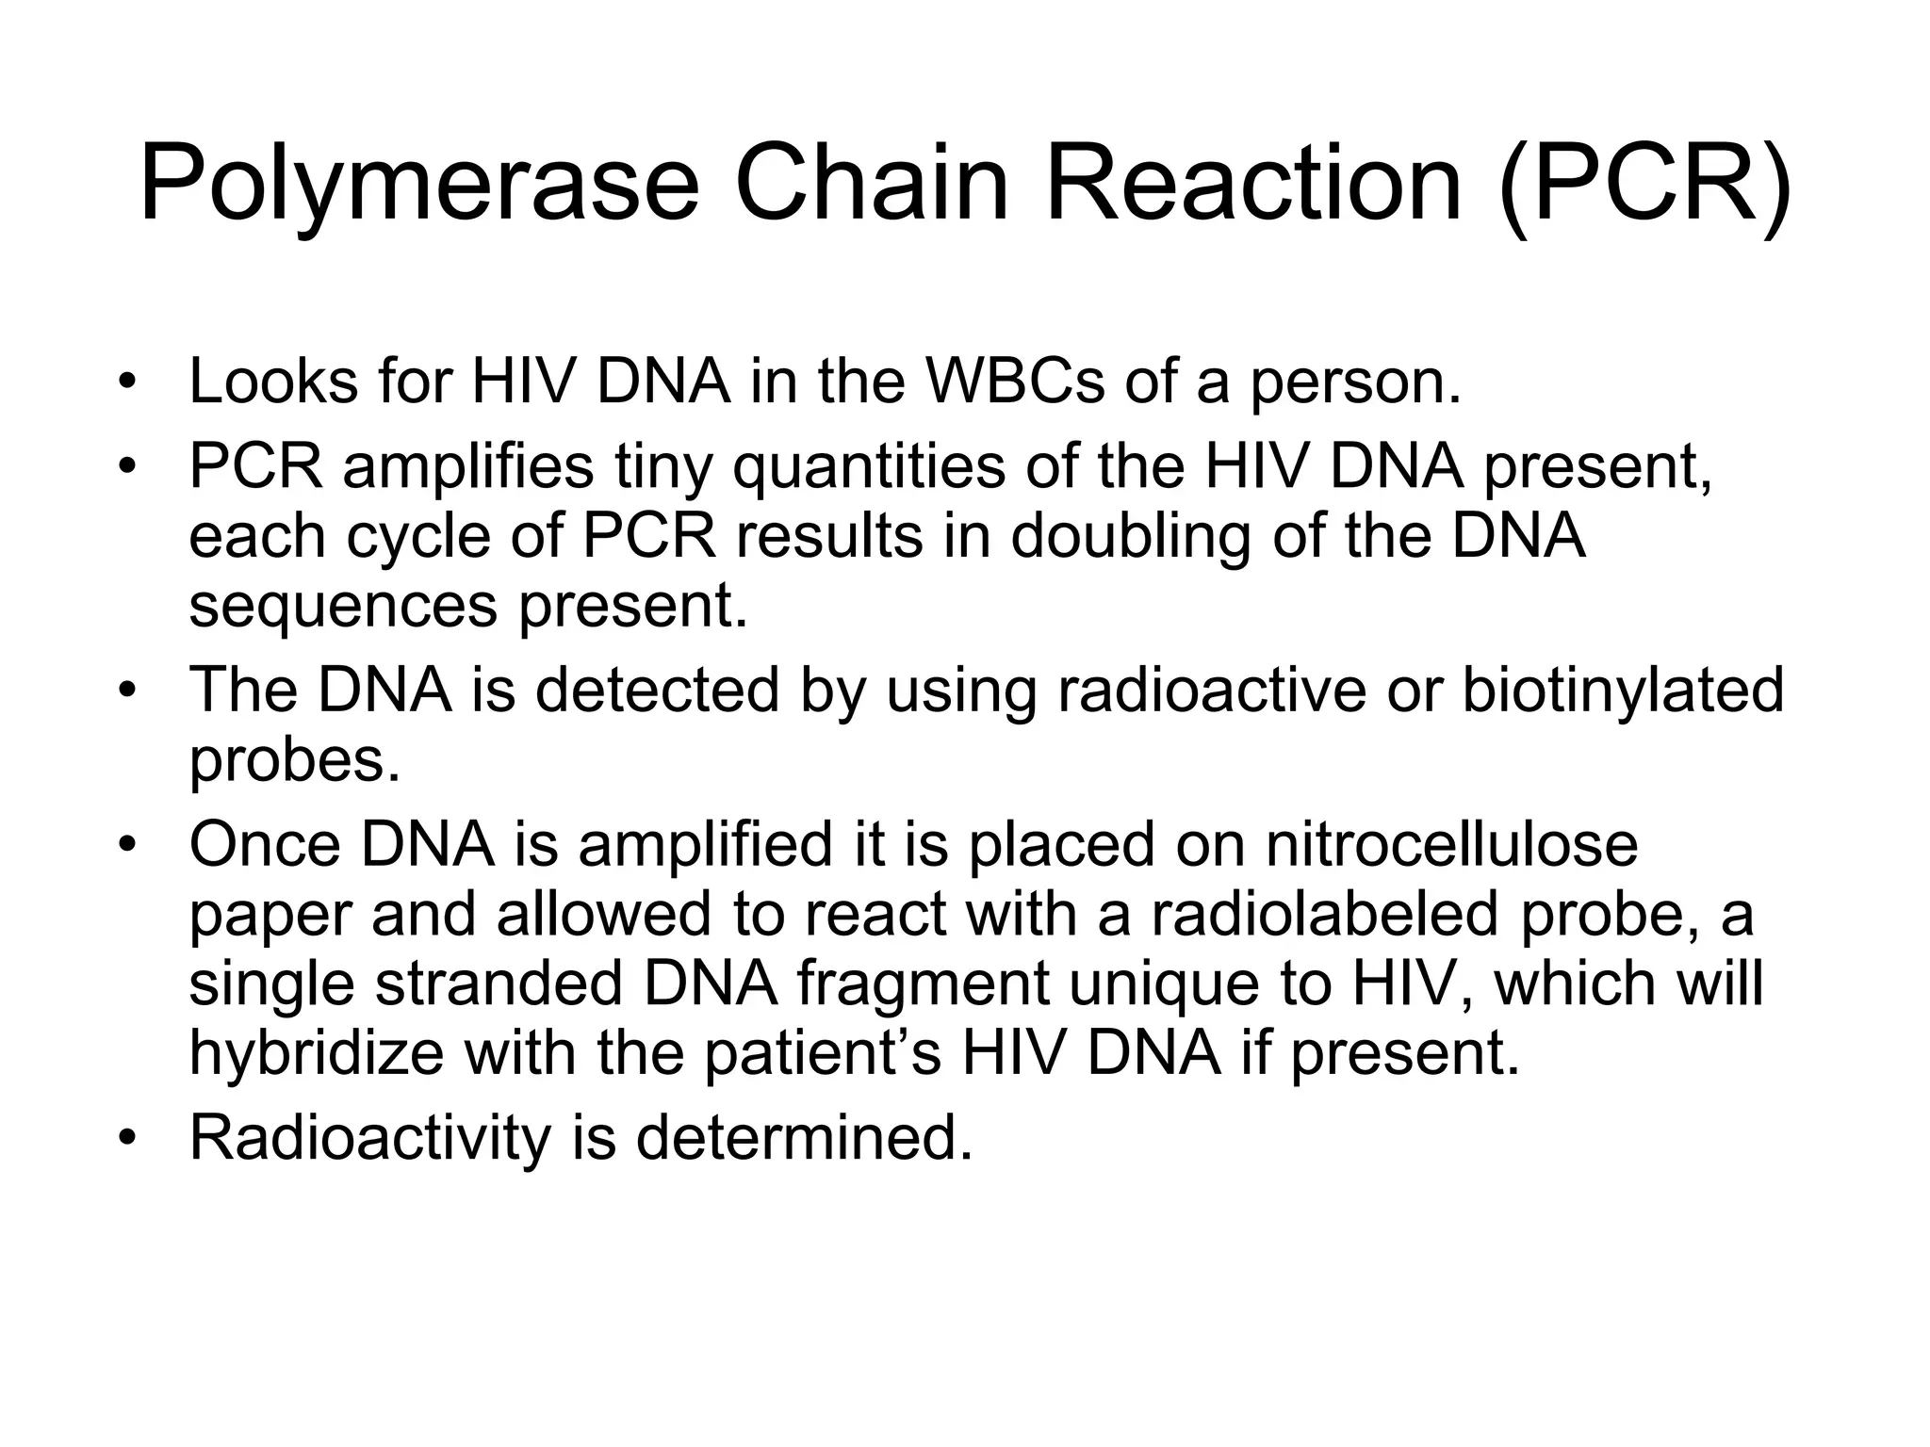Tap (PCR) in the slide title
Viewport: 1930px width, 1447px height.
pyautogui.click(x=1644, y=184)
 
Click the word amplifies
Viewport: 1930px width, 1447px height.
pyautogui.click(x=467, y=467)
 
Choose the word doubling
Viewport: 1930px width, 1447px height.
pyautogui.click(x=1130, y=537)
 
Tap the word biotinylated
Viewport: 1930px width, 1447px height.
pyautogui.click(x=1623, y=691)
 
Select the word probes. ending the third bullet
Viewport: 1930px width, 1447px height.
pyautogui.click(x=295, y=761)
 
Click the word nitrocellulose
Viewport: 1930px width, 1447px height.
pyautogui.click(x=1451, y=844)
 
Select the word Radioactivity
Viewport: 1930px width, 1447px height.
pyautogui.click(x=369, y=1138)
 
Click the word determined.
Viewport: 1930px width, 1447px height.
pyautogui.click(x=803, y=1138)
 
